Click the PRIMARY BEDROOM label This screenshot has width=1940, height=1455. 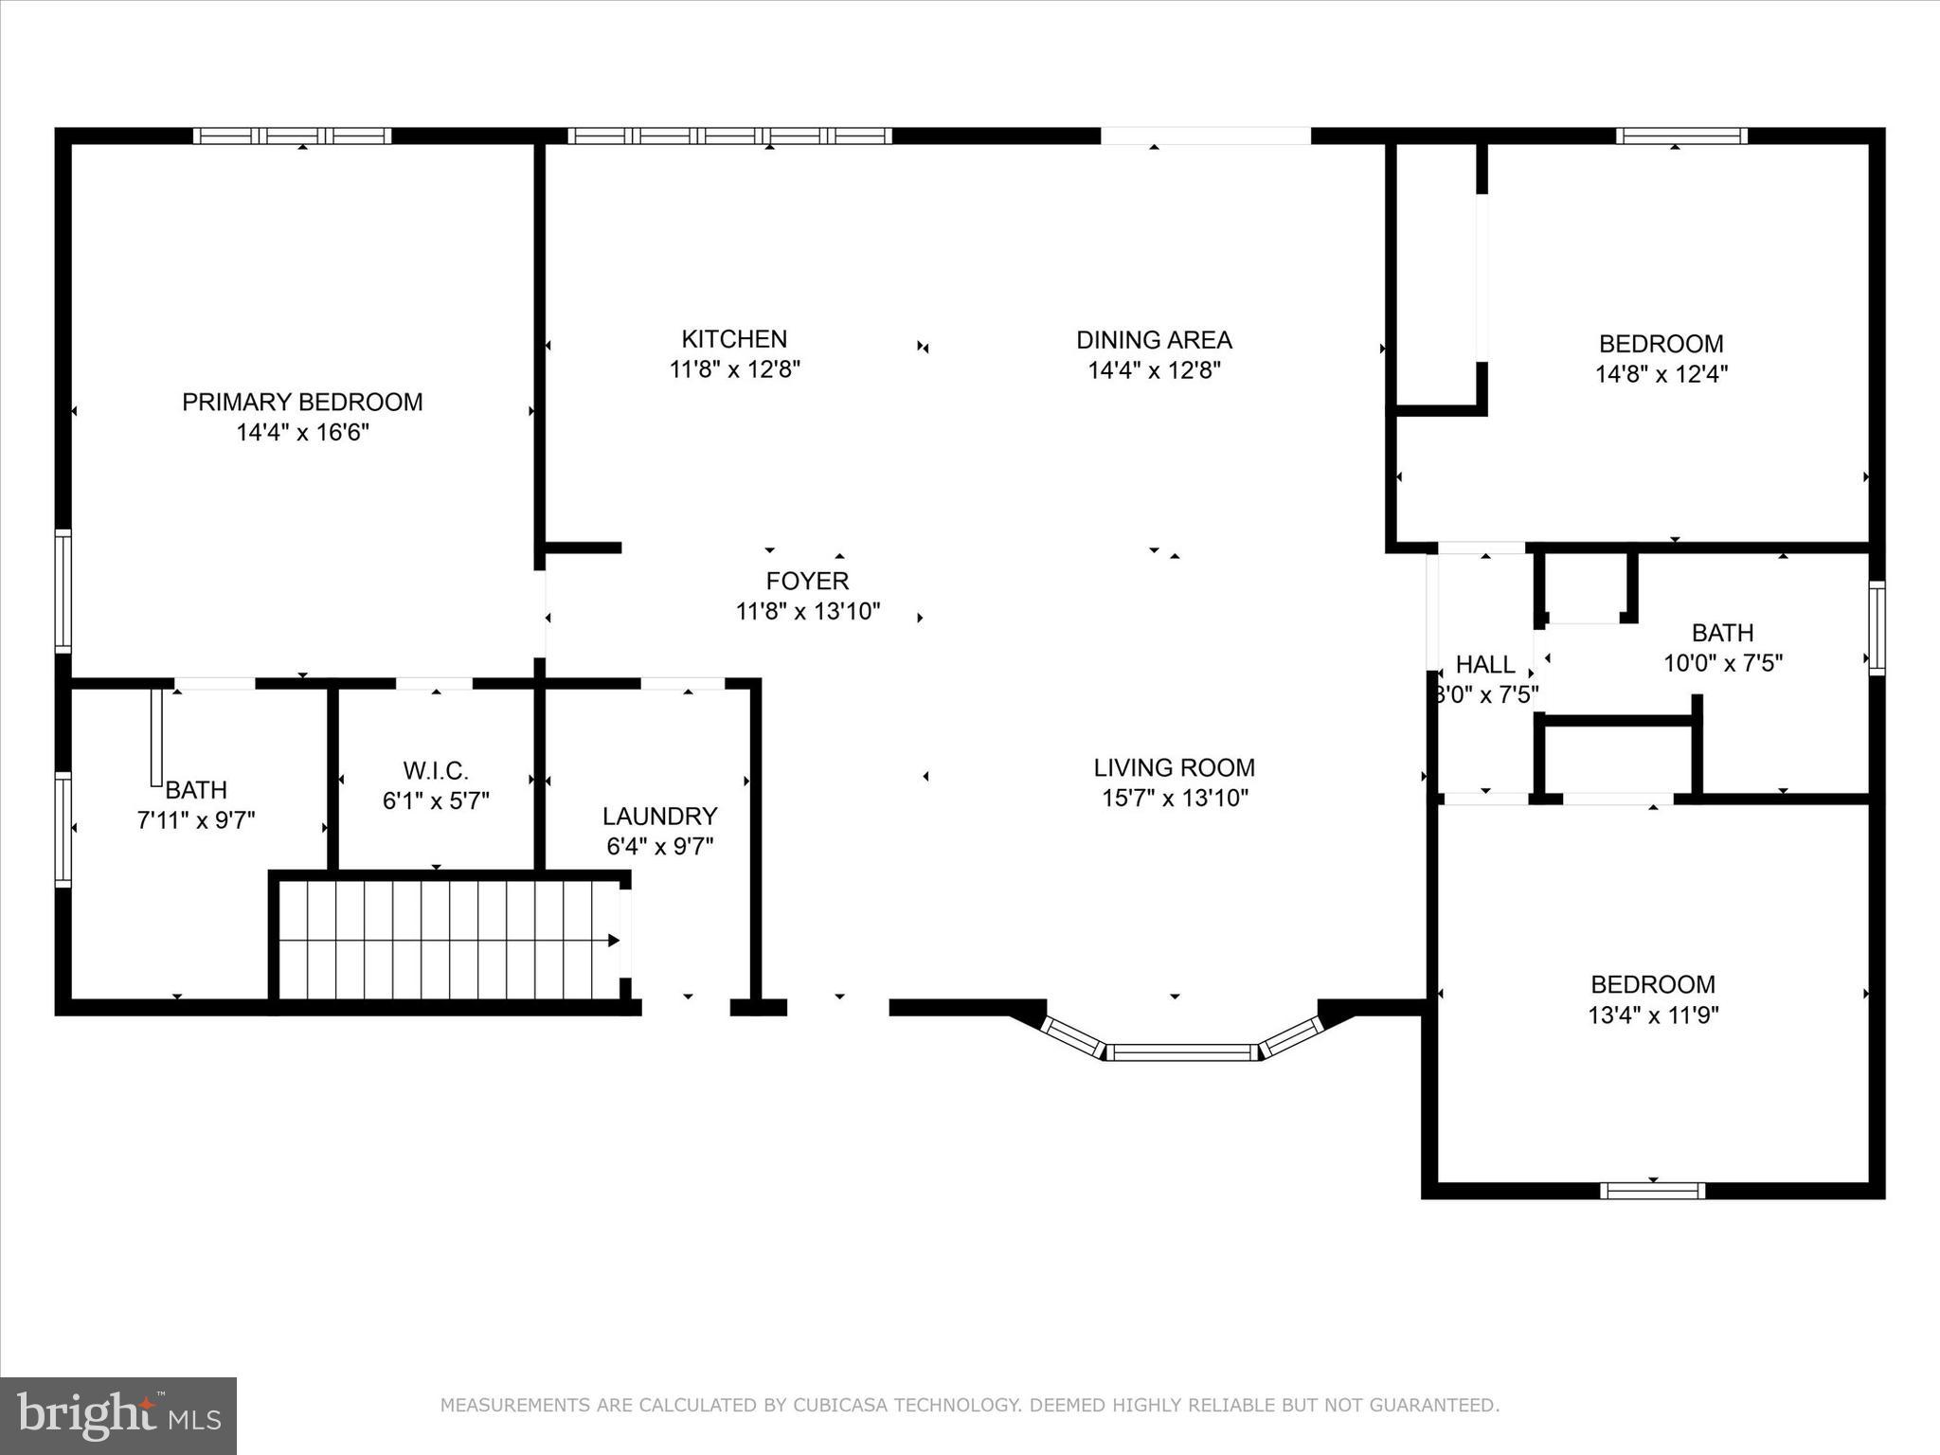[302, 402]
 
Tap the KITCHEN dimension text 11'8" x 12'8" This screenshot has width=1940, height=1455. [735, 369]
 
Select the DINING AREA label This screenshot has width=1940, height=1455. [1154, 339]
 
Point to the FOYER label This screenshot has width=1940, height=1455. [807, 580]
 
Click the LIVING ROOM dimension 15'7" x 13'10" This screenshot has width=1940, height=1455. [1175, 798]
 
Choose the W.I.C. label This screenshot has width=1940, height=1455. [436, 770]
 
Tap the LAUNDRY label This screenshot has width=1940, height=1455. [659, 816]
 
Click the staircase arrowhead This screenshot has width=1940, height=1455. [614, 941]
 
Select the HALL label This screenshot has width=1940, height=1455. [1485, 664]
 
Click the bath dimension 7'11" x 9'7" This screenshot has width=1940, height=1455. [196, 820]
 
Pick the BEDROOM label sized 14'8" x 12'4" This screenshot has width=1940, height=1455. [1661, 343]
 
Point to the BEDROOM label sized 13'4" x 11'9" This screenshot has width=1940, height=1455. [1653, 984]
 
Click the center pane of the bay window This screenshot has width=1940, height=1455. [1182, 1052]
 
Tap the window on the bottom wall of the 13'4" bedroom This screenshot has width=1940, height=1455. [1653, 1191]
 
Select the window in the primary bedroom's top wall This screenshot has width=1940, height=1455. [293, 135]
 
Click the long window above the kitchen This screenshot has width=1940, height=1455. [729, 135]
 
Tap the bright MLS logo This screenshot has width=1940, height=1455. [118, 1416]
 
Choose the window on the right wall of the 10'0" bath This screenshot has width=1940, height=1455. [1877, 628]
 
